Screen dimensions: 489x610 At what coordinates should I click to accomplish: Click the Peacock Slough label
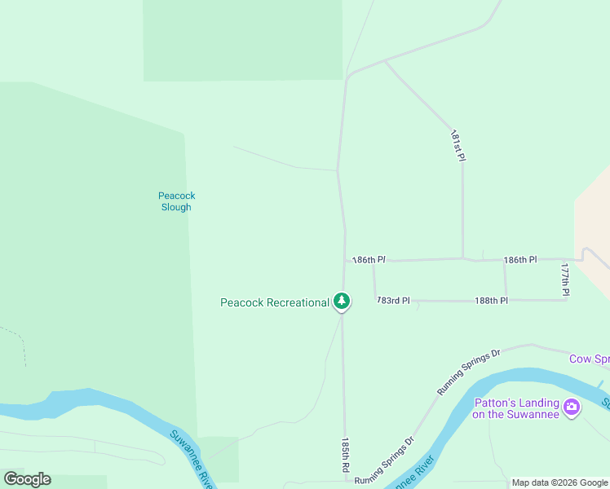tap(175, 201)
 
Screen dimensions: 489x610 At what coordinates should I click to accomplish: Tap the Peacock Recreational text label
tap(274, 302)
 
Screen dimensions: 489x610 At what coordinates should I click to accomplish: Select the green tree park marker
tap(342, 302)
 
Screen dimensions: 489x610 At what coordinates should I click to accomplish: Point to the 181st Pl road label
tap(458, 146)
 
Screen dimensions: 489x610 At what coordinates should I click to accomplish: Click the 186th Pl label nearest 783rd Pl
tap(368, 260)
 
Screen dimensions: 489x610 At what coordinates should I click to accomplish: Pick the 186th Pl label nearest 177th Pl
tap(520, 259)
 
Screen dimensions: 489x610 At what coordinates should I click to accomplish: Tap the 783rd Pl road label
tap(393, 301)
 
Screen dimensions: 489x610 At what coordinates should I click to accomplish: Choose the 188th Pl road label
tap(492, 301)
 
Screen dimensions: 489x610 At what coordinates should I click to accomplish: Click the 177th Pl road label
tap(565, 279)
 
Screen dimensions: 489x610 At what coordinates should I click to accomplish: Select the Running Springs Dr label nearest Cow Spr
tap(468, 372)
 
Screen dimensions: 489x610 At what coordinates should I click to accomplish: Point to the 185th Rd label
tap(346, 456)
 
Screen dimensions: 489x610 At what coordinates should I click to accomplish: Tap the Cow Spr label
tap(589, 359)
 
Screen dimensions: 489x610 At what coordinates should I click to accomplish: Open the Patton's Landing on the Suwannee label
tap(516, 408)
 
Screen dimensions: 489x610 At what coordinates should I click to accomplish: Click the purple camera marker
tap(572, 407)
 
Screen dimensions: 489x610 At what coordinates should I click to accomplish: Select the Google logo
tap(27, 479)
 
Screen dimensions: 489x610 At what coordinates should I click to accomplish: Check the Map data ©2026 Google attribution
tap(559, 482)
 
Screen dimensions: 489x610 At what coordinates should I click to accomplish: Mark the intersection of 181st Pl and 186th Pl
tap(463, 259)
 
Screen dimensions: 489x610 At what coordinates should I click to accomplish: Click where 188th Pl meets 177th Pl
tap(566, 300)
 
